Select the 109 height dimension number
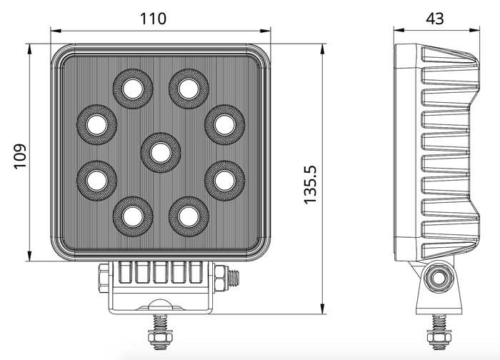19,154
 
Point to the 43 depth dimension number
434,19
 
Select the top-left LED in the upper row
132,88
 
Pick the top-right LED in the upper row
188,88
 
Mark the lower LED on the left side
96,179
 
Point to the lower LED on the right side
224,179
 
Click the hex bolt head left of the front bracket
104,276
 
